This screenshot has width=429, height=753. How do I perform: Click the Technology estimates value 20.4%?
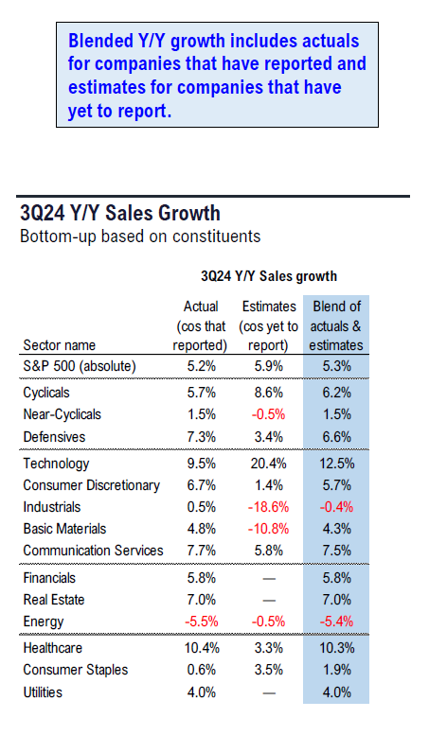click(x=269, y=464)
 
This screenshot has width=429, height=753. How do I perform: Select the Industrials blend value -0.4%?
click(x=336, y=507)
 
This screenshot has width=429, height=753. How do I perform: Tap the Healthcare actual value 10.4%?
click(x=202, y=648)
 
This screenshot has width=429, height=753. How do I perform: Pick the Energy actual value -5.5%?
click(x=202, y=622)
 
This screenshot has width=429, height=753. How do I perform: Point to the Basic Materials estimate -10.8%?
click(x=269, y=529)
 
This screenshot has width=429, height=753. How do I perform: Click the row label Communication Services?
click(x=94, y=551)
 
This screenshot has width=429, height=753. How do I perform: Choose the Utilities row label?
click(x=43, y=692)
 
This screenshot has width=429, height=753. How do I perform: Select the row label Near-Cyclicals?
click(x=63, y=414)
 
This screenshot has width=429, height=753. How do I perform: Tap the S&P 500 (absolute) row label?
click(x=80, y=366)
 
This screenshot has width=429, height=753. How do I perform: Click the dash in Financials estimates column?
click(x=269, y=579)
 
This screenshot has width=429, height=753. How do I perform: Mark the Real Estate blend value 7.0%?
click(x=336, y=600)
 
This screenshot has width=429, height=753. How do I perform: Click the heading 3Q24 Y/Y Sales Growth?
click(x=120, y=213)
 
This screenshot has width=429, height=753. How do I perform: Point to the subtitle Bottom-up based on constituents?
click(x=140, y=236)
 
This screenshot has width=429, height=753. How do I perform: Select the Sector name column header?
click(x=60, y=345)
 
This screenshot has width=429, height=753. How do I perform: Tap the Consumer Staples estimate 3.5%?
click(x=269, y=670)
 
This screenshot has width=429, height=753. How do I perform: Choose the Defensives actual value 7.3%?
click(x=202, y=437)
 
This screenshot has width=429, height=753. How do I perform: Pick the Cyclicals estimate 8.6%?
click(x=269, y=393)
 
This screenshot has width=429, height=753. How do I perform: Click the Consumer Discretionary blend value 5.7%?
click(x=336, y=485)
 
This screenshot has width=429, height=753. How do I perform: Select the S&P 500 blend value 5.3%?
click(x=336, y=366)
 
